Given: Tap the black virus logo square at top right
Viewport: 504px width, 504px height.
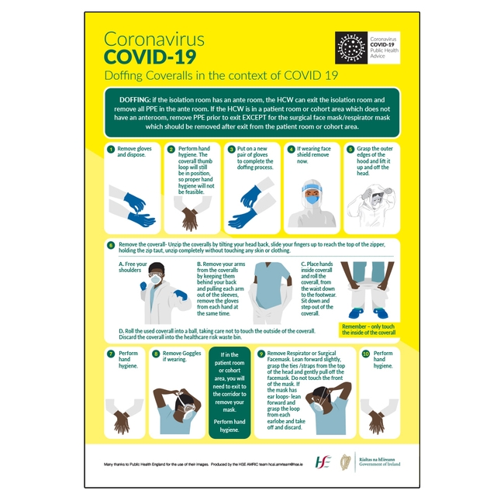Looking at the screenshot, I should point(350,47).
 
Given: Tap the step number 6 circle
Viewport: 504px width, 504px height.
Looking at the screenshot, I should point(111,245).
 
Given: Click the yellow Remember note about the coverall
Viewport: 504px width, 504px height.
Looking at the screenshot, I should point(368,329).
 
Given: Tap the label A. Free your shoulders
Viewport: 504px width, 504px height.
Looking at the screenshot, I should point(132,268).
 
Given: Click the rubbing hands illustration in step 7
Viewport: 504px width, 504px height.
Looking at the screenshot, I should point(122,419).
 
